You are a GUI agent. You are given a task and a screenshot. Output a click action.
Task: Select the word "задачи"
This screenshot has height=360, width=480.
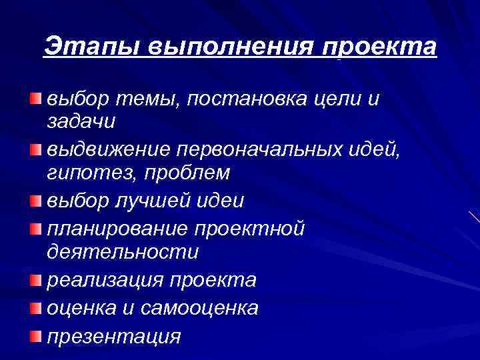(x=81, y=121)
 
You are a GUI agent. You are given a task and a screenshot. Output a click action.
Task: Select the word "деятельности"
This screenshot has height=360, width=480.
(x=123, y=253)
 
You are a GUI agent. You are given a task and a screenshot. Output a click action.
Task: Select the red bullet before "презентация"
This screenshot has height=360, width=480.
(x=35, y=335)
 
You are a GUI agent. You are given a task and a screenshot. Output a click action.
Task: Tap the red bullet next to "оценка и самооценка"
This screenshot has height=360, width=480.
(x=35, y=307)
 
